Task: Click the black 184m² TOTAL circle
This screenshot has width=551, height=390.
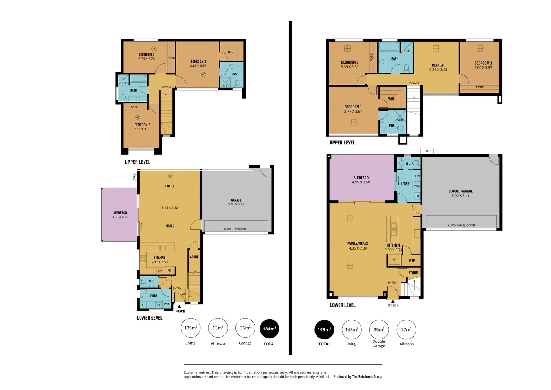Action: [x=269, y=329]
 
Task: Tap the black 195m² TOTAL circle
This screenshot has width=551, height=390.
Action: [x=324, y=329]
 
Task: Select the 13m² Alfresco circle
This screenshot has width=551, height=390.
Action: [x=218, y=328]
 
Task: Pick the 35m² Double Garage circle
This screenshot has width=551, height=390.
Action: [x=379, y=329]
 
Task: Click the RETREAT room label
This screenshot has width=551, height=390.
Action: [x=438, y=65]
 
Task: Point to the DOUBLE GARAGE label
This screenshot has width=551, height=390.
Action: [x=460, y=191]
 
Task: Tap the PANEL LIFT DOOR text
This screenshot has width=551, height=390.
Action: [x=234, y=229]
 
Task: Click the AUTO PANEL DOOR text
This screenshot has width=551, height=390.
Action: [x=461, y=225]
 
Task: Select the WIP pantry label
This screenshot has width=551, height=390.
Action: [x=412, y=260]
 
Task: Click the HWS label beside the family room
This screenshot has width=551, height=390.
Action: [x=134, y=177]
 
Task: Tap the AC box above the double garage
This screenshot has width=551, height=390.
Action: [x=427, y=151]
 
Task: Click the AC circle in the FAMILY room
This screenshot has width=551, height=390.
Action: [x=171, y=177]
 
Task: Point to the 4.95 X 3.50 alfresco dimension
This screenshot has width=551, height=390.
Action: [x=361, y=182]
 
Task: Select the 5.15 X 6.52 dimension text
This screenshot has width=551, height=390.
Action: [x=170, y=208]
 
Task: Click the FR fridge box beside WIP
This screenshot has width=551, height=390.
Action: [x=394, y=260]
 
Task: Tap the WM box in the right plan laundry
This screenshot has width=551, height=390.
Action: [x=417, y=186]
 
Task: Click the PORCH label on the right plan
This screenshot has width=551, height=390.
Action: [x=393, y=305]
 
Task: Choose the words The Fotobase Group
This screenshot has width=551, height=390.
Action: [x=367, y=377]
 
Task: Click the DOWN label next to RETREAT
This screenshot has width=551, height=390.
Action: [x=414, y=83]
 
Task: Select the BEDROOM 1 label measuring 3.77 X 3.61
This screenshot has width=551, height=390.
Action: [x=353, y=107]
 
